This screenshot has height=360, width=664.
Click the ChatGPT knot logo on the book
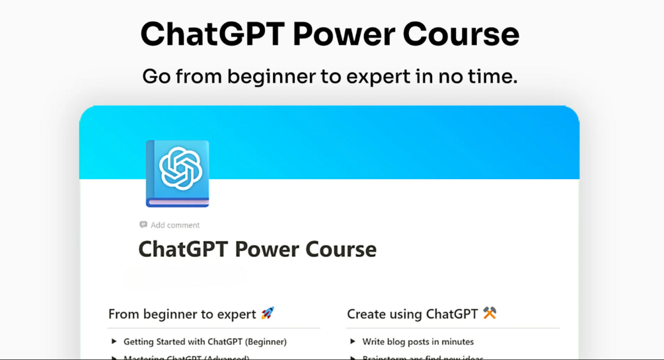(180, 168)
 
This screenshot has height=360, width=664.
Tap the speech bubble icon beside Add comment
(143, 225)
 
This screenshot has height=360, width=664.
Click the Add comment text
(175, 225)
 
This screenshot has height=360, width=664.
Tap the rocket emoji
(268, 313)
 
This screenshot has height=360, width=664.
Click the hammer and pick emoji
(490, 312)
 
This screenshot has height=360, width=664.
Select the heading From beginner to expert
(182, 314)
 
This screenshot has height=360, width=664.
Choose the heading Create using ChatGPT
(413, 314)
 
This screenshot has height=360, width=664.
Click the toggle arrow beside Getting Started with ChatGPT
(114, 342)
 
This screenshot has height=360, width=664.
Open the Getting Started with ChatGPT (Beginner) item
(205, 342)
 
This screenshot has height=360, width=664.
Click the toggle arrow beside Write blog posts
(353, 342)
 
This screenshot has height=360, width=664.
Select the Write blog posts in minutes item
(418, 342)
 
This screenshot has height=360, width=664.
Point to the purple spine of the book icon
(151, 173)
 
